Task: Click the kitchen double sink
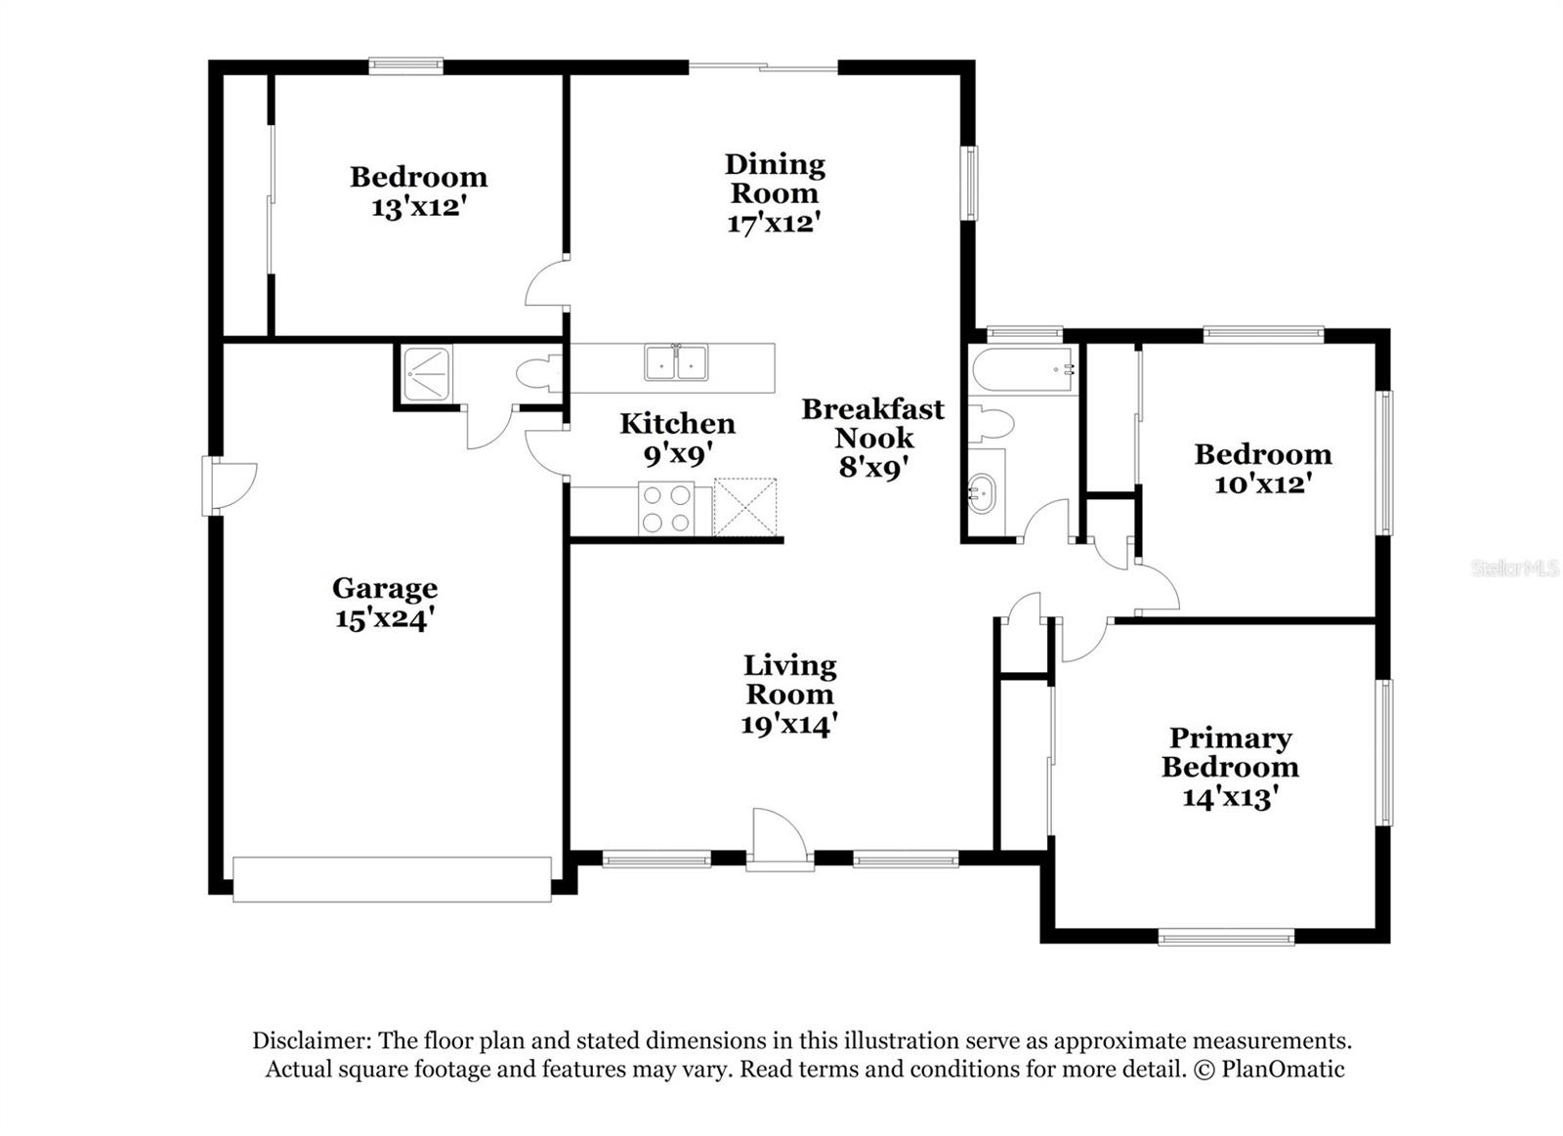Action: pyautogui.click(x=676, y=362)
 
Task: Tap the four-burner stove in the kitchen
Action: pyautogui.click(x=665, y=509)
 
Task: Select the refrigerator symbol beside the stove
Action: pyautogui.click(x=744, y=507)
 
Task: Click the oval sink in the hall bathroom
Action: pyautogui.click(x=985, y=492)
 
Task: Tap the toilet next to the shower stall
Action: pyautogui.click(x=538, y=373)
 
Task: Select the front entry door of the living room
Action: pyautogui.click(x=780, y=840)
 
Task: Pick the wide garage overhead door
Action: pyautogui.click(x=392, y=879)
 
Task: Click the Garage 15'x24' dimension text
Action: pyautogui.click(x=384, y=618)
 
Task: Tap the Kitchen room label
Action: pyautogui.click(x=677, y=423)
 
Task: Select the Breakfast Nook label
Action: pyautogui.click(x=872, y=423)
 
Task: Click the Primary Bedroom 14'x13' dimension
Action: pyautogui.click(x=1230, y=797)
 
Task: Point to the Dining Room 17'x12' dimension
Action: pyautogui.click(x=772, y=223)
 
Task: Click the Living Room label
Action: pyautogui.click(x=789, y=679)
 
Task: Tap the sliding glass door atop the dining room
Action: pyautogui.click(x=763, y=67)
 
